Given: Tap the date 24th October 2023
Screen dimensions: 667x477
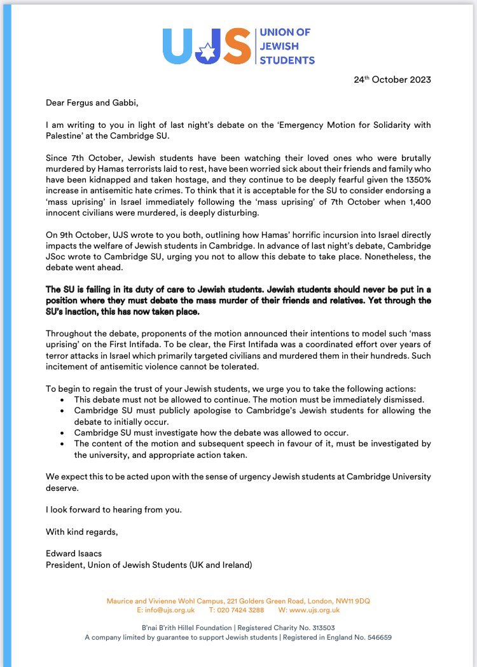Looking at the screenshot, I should click(x=392, y=80).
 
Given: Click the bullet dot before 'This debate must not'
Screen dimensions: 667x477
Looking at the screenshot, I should click(x=60, y=399).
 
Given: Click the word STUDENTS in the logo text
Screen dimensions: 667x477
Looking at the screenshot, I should click(x=287, y=60).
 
